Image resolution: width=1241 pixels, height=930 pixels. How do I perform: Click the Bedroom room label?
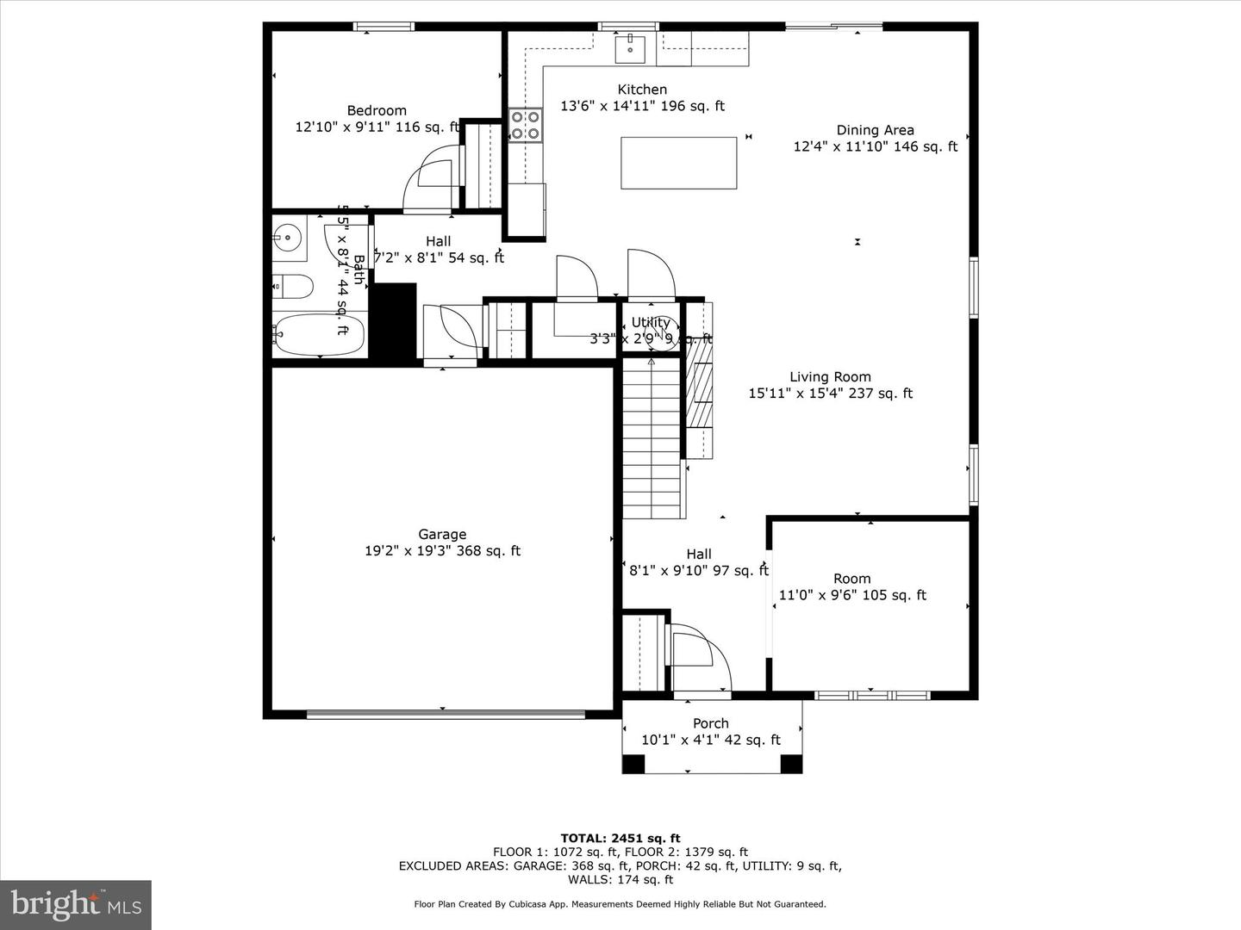pos(377,111)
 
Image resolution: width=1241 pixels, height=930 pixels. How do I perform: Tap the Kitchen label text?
pos(642,90)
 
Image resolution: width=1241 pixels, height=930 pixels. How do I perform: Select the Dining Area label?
pos(875,131)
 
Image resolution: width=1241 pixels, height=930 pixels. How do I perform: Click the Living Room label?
pos(830,377)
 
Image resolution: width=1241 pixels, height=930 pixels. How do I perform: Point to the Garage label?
pos(442,535)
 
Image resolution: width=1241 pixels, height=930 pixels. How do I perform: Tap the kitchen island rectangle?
pos(678,163)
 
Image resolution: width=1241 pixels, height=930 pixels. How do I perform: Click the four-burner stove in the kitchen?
pos(525,124)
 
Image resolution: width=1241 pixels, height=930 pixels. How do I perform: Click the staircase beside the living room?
pos(654,440)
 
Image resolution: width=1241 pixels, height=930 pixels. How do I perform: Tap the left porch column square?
pos(633,763)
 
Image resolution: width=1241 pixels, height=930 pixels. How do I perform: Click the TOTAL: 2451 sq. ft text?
pos(620,838)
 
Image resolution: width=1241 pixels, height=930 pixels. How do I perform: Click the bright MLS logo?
pos(76,904)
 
